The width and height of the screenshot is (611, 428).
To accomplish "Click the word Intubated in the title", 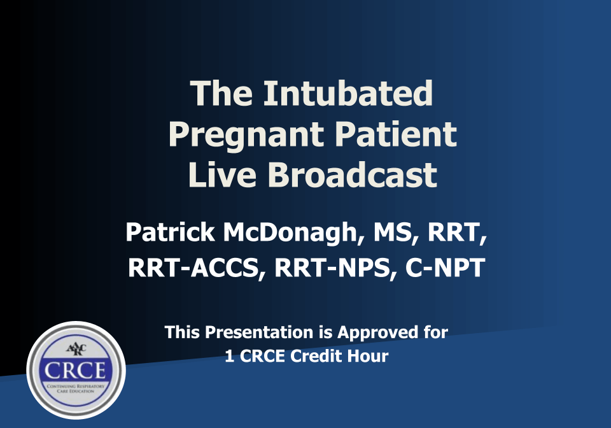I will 348,93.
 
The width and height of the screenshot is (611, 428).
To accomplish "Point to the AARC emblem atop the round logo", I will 76,348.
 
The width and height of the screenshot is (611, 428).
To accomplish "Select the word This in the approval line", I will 181,332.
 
